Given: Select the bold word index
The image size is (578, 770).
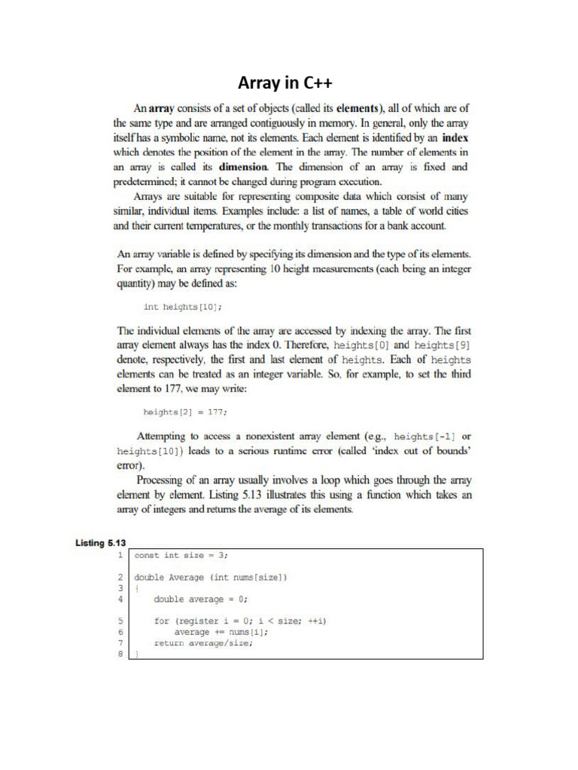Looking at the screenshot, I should [455, 138].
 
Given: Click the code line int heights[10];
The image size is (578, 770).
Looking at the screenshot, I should [183, 307].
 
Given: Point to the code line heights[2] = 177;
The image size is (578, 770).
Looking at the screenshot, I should [184, 411].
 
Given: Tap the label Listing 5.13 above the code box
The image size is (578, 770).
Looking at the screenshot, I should [100, 541].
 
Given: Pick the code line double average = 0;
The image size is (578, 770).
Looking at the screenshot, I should [200, 599].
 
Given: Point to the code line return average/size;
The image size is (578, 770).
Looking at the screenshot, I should [203, 643].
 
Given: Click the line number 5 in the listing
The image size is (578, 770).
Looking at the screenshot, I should [120, 621].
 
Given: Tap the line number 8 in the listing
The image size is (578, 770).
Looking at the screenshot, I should [120, 654].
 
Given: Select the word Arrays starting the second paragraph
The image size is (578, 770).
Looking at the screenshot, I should [154, 196].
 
